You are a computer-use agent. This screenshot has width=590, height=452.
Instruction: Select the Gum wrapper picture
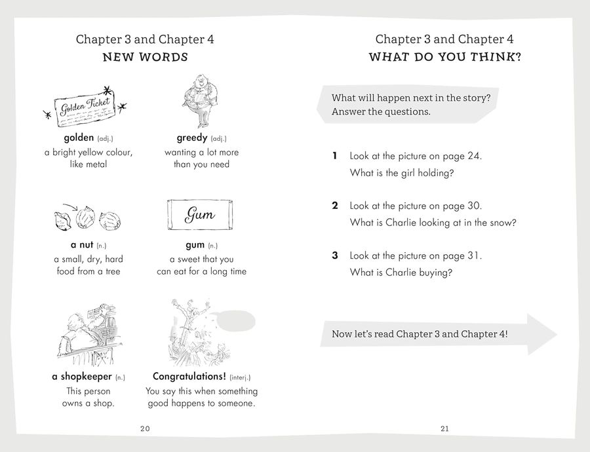point(200,215)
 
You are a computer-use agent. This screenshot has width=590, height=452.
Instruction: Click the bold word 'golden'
point(79,138)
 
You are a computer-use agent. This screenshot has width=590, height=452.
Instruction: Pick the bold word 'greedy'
point(191,138)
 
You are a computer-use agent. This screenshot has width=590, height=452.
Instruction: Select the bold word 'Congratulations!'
point(189,377)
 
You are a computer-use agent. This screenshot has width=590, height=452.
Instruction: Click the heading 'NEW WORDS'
point(145,57)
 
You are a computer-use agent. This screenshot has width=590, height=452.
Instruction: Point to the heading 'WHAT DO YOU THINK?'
point(445,57)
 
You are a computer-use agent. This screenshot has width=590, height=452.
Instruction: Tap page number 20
point(145,428)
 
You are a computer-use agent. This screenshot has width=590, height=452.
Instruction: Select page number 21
point(445,428)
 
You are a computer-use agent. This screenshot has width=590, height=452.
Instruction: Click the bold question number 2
point(335,206)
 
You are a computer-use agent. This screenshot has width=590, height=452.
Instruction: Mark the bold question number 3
point(335,255)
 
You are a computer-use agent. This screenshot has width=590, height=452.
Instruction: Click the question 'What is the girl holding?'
point(402,173)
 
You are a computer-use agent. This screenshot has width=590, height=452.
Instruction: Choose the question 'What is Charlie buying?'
point(401,273)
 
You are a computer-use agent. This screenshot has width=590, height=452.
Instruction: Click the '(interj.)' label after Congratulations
point(239,377)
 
